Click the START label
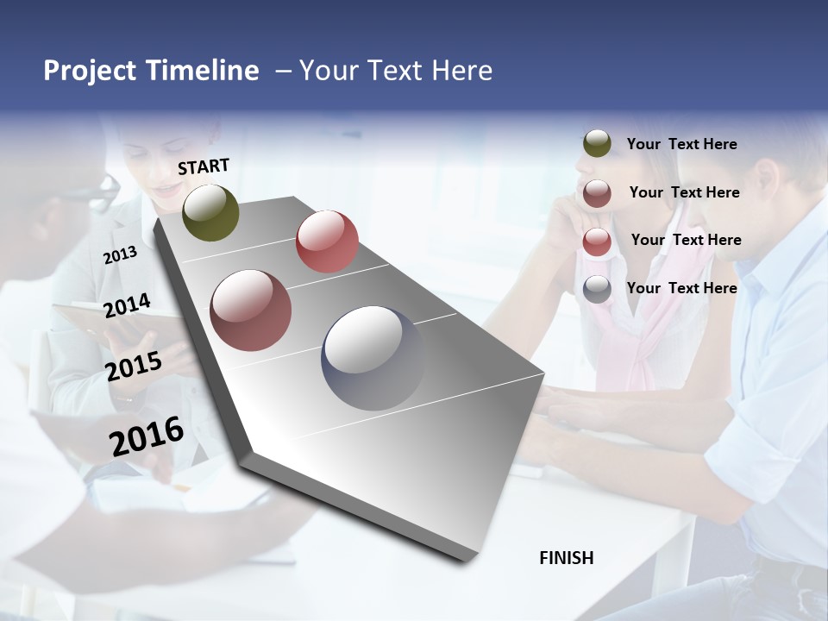click(x=204, y=166)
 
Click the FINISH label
click(x=567, y=558)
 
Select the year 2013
click(x=120, y=255)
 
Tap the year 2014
click(x=127, y=306)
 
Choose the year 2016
click(x=147, y=436)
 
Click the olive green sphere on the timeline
click(x=210, y=212)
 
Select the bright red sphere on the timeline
click(x=327, y=241)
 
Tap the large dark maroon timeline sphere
click(x=251, y=310)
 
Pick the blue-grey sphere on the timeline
click(x=373, y=358)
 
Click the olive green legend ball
click(x=597, y=144)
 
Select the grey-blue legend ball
click(x=597, y=289)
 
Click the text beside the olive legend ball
click(x=681, y=145)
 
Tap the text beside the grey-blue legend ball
click(x=681, y=288)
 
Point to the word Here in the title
click(x=461, y=71)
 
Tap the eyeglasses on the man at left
click(x=106, y=185)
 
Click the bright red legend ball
click(x=597, y=241)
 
